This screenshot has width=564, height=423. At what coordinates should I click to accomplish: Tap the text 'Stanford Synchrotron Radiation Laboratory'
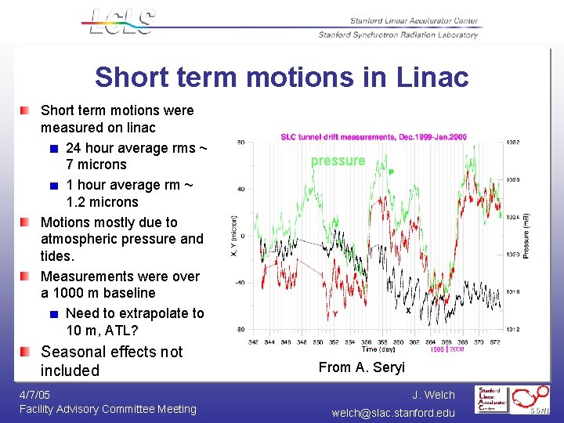click(x=398, y=35)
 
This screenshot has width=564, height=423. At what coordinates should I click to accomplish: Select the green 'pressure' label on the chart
click(x=338, y=161)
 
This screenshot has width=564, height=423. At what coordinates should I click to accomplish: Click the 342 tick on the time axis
click(x=253, y=342)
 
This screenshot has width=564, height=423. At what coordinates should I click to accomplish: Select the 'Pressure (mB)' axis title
click(x=527, y=235)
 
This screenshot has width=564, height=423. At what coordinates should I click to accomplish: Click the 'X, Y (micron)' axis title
click(x=233, y=236)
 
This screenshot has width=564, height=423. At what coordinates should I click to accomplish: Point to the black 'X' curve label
click(x=408, y=311)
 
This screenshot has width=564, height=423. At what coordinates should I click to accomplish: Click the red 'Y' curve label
click(x=335, y=314)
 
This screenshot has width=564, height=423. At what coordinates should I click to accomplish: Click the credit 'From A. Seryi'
click(x=361, y=367)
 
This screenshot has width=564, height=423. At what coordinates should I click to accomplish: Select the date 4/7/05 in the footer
click(x=34, y=395)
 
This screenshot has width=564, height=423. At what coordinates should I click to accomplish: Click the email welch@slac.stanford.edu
click(x=393, y=412)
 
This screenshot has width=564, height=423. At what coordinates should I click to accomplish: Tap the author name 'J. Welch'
click(x=433, y=395)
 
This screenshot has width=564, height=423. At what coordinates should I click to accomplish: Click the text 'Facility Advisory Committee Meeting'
click(x=107, y=409)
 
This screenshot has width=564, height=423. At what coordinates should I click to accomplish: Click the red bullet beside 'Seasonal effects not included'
click(x=26, y=352)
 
